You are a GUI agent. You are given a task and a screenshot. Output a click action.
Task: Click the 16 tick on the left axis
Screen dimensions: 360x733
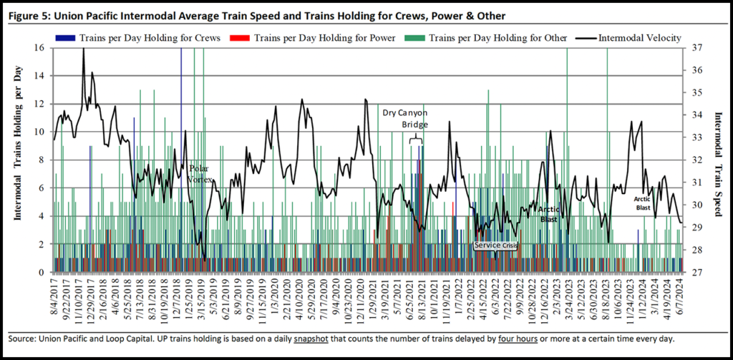tap(39, 48)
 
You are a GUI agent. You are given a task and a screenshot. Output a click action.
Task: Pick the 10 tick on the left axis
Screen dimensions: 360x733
tap(39, 132)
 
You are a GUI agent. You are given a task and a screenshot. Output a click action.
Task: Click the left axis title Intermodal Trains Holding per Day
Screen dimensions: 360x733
tap(19, 158)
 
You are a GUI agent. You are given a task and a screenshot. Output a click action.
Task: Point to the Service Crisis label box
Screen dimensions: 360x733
tap(495, 245)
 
